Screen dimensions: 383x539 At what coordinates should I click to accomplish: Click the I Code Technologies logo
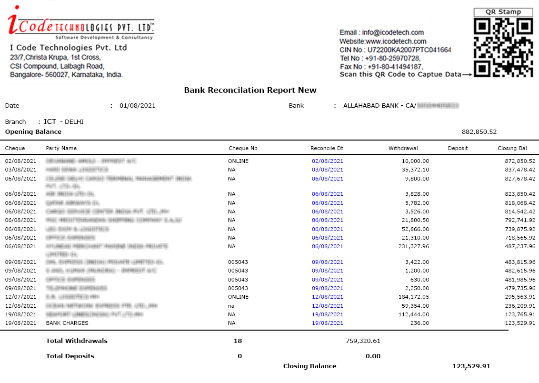point(81,24)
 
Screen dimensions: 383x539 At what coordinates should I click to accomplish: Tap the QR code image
point(503,47)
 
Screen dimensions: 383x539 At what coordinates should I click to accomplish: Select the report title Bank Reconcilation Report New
point(250,90)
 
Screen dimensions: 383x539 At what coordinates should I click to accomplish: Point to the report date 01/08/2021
point(137,106)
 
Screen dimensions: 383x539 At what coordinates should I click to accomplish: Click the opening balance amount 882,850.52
point(479,131)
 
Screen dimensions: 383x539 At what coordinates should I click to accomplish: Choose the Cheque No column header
point(243,148)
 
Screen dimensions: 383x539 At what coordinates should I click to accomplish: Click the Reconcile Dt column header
point(327,148)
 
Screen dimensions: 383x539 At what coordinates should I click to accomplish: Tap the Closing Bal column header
point(512,148)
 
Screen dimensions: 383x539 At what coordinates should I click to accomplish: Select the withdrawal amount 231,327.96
point(413,246)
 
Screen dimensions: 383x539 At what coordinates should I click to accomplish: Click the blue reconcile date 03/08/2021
point(327,170)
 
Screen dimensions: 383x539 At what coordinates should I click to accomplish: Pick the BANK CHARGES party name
point(67,323)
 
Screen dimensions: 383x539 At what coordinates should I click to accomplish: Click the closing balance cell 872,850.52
point(520,161)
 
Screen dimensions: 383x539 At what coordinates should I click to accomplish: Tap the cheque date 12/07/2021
point(20,297)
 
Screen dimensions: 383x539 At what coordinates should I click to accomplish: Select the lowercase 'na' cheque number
point(231,305)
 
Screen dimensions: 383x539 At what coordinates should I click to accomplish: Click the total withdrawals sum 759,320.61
point(362,341)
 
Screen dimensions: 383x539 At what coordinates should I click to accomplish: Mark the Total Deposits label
point(70,356)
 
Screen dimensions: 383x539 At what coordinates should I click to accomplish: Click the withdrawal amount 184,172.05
point(413,297)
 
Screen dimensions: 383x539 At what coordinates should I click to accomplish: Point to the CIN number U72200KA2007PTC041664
point(409,50)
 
